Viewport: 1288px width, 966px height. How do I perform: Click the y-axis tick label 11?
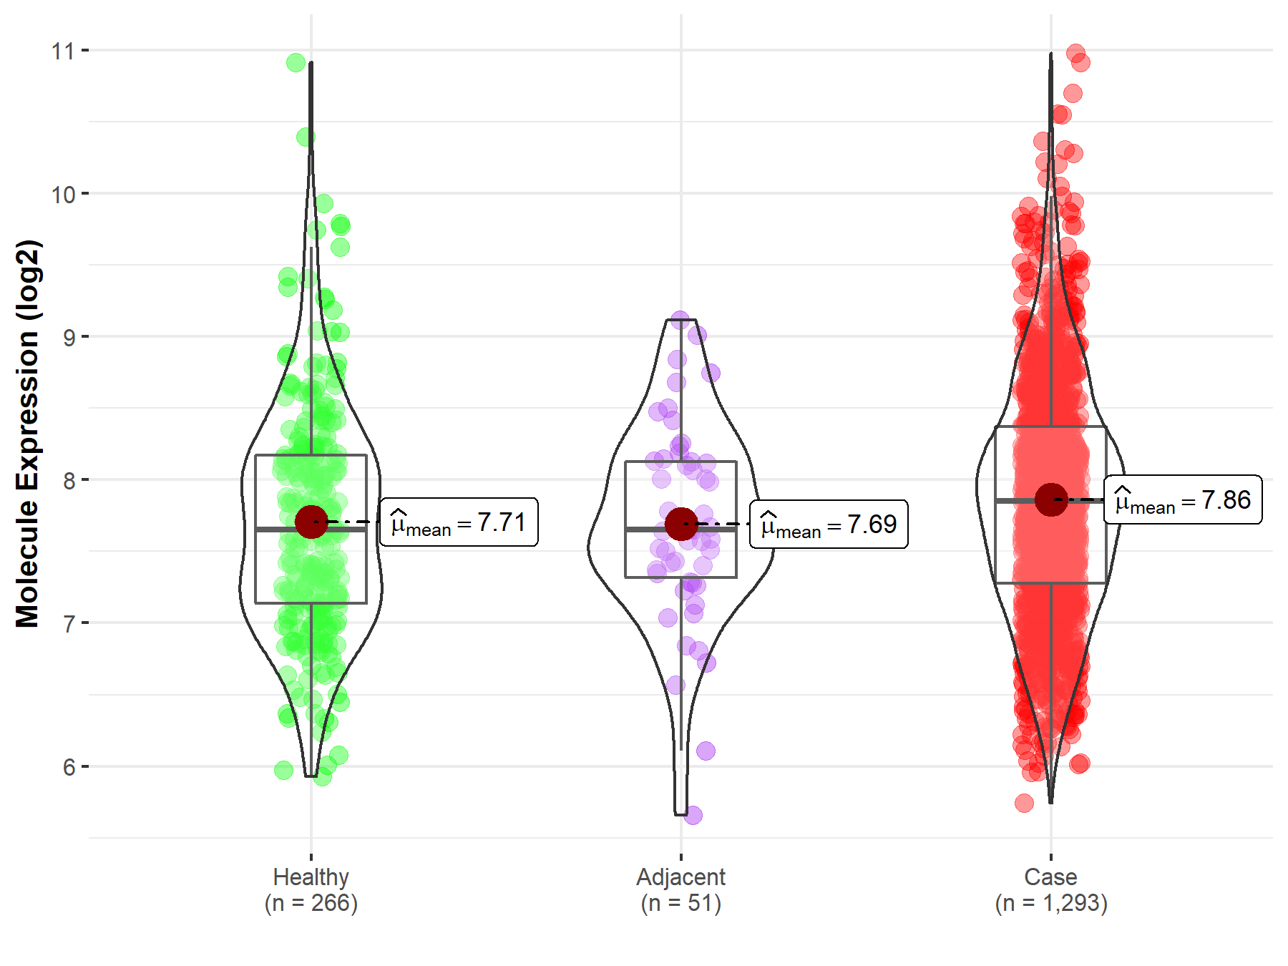point(63,52)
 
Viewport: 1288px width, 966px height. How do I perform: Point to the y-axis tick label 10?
point(63,195)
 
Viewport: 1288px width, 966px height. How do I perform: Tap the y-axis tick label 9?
point(69,338)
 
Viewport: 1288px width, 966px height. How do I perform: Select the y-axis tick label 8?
point(69,481)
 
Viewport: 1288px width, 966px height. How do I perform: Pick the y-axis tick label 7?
point(69,624)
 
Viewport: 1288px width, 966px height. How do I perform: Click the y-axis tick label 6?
point(69,768)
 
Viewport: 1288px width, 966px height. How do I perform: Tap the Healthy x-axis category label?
point(311,877)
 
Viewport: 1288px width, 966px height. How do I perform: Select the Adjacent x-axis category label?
point(680,877)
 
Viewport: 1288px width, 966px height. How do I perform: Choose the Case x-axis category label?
point(1050,877)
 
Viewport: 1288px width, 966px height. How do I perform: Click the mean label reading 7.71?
point(459,523)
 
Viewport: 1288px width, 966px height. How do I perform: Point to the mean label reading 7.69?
point(829,525)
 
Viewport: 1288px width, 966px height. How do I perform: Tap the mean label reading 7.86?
point(1183,500)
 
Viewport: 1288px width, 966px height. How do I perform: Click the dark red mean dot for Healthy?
point(311,522)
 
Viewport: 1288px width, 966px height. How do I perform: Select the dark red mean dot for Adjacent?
point(681,525)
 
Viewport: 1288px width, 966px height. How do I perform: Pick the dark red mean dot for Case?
point(1051,499)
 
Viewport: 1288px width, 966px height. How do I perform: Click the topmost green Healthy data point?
point(296,63)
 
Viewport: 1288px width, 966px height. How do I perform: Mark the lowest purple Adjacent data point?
point(693,815)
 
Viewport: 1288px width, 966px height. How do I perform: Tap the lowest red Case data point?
point(1024,803)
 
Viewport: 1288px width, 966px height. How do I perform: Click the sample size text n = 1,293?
point(1050,904)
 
